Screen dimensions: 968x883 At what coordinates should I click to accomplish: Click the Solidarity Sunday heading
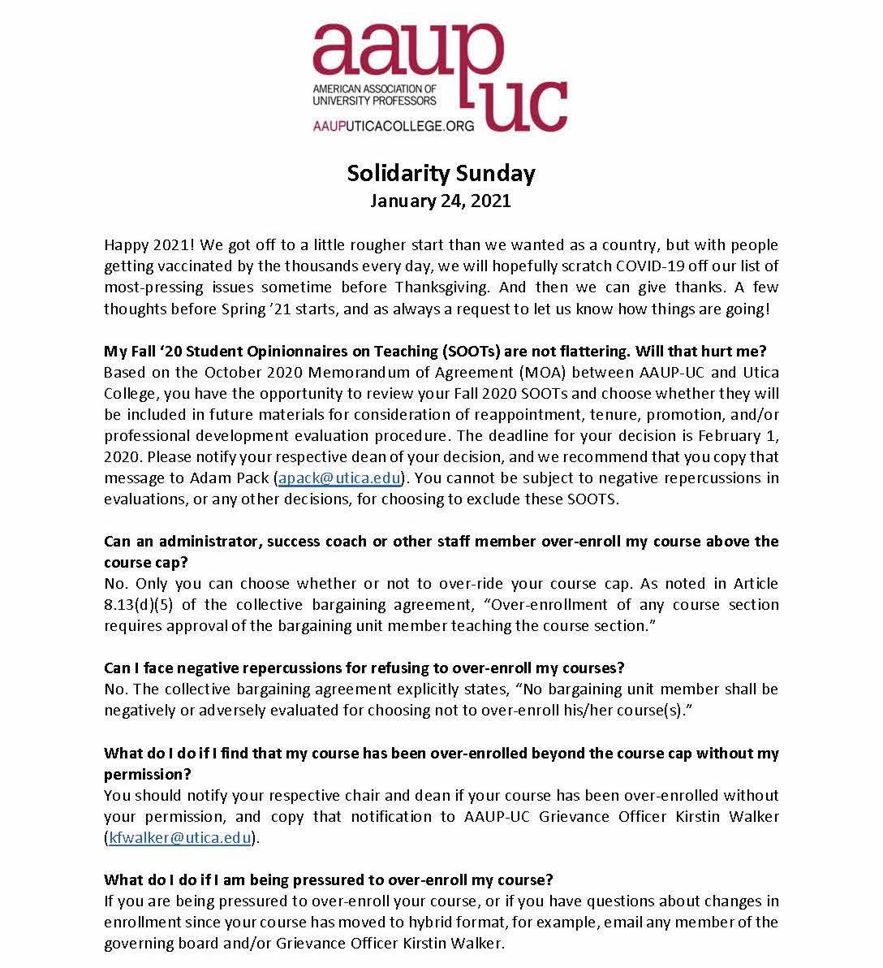(x=441, y=173)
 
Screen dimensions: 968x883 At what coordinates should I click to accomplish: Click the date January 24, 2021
(x=441, y=201)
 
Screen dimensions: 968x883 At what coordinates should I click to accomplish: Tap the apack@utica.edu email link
(x=339, y=478)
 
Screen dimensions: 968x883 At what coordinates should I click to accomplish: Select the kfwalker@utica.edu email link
(x=179, y=838)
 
